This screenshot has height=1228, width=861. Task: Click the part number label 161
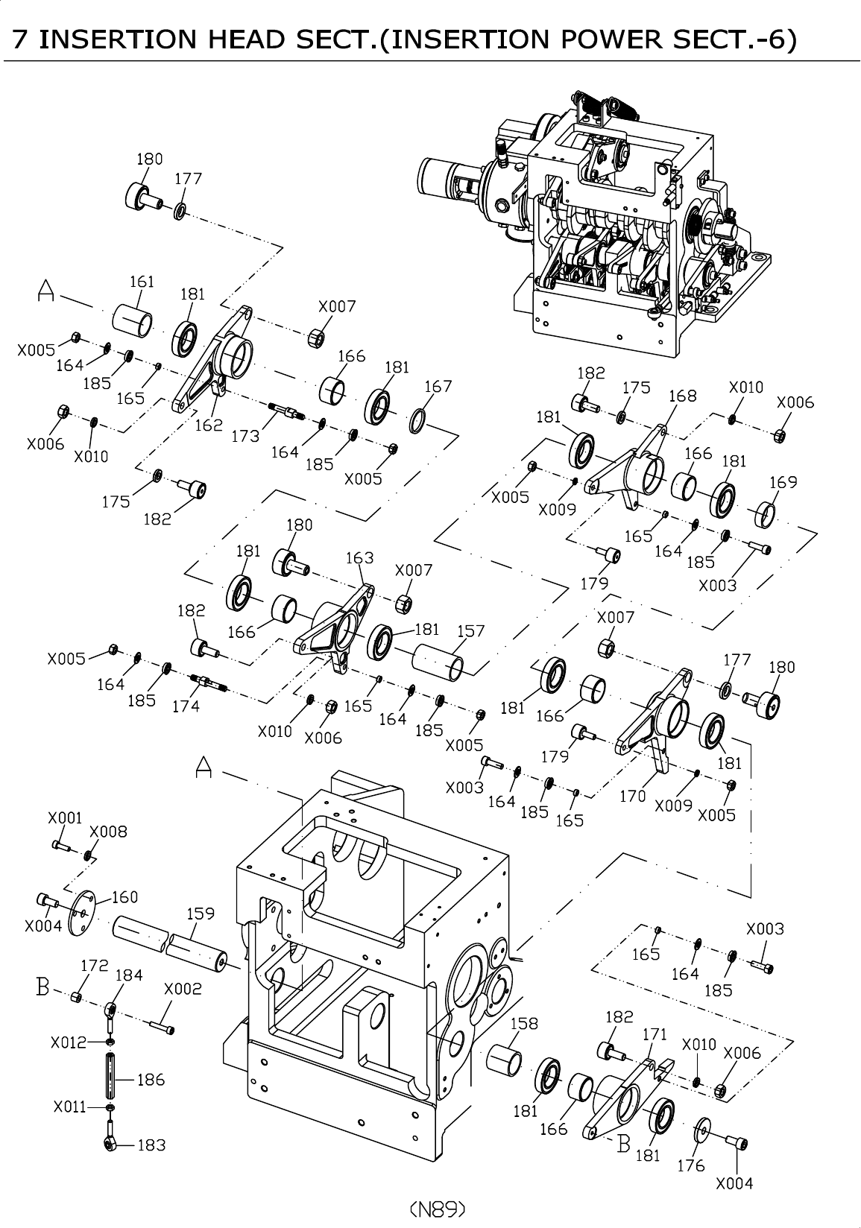click(142, 282)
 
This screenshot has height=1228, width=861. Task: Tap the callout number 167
click(438, 387)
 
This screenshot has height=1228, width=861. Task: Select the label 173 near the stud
click(245, 436)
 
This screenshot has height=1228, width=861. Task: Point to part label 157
click(470, 631)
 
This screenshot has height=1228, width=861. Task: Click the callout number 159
click(201, 914)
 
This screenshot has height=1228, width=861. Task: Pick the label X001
click(65, 818)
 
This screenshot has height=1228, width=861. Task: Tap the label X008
click(108, 832)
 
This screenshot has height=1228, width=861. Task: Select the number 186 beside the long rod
click(151, 1080)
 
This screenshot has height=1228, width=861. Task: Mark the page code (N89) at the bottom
click(438, 1208)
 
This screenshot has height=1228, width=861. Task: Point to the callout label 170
click(633, 796)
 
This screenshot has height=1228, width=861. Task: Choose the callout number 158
click(524, 1024)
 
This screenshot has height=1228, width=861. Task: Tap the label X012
click(69, 1042)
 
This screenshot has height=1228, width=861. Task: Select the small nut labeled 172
click(76, 997)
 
